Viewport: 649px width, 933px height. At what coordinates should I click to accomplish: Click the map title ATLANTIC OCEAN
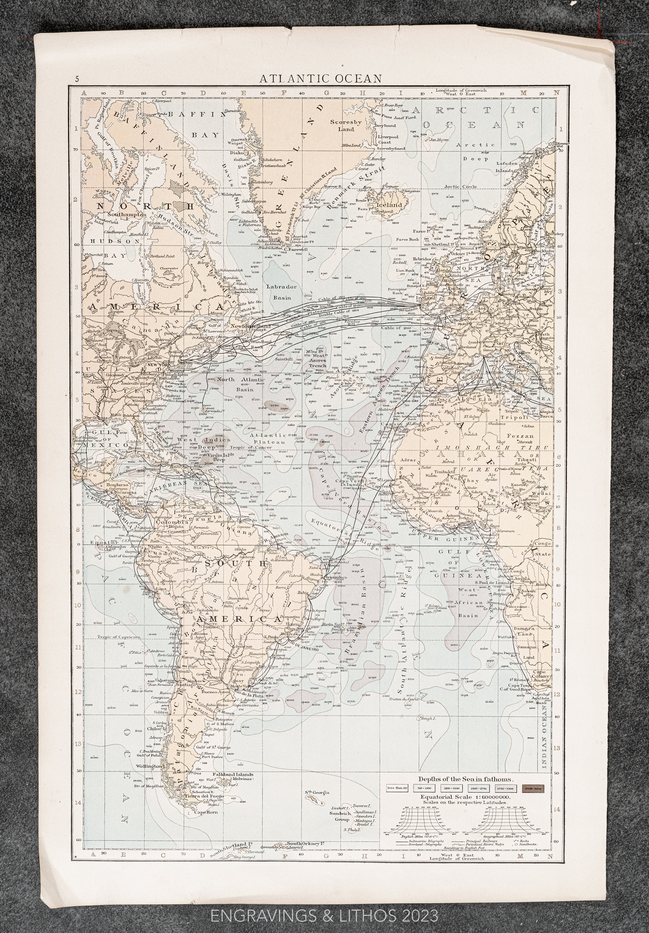pyautogui.click(x=321, y=78)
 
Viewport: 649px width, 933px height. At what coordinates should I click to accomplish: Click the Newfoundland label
pyautogui.click(x=251, y=326)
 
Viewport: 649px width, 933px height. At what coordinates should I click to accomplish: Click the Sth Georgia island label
pyautogui.click(x=318, y=792)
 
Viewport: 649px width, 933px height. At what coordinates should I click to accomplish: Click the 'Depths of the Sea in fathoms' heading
pyautogui.click(x=466, y=779)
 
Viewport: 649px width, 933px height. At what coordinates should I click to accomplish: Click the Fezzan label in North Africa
pyautogui.click(x=526, y=436)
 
